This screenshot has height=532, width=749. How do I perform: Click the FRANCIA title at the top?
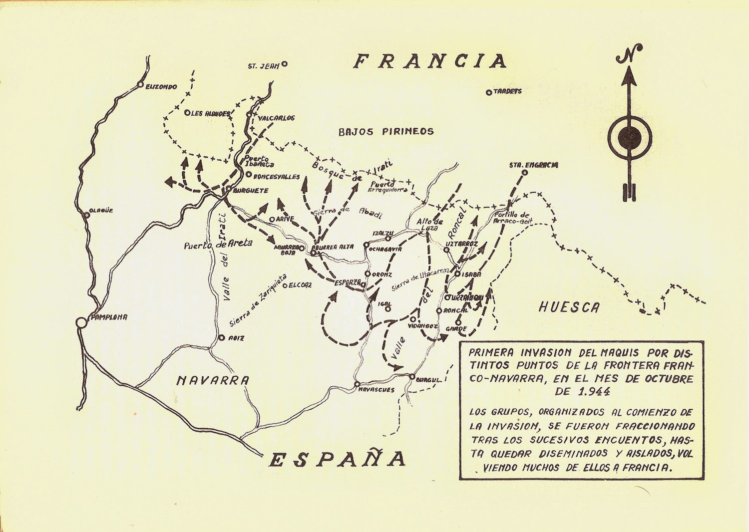pos(429,61)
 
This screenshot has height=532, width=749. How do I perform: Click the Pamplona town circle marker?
pos(80,322)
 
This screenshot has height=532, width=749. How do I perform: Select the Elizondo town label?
pos(161,87)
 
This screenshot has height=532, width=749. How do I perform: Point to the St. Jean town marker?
pos(285,64)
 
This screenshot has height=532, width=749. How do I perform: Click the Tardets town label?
pos(508,92)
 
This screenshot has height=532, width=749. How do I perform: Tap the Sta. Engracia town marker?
pos(524,173)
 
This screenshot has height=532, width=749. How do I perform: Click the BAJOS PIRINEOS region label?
pos(386,132)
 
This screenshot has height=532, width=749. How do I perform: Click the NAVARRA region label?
pos(213,380)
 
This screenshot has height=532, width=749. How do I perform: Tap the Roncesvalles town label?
pos(277,177)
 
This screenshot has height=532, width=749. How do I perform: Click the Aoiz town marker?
pos(221,338)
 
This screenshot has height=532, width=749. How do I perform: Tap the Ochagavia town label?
pos(385,246)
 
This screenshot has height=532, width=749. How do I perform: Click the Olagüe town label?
pos(101,211)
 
